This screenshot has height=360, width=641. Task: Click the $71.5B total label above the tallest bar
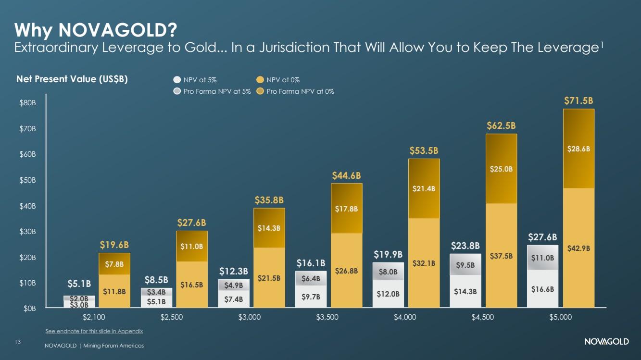578,100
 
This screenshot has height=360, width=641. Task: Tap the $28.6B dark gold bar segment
578,149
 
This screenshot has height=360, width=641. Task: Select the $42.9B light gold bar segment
578,248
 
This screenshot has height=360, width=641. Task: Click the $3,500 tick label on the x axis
327,317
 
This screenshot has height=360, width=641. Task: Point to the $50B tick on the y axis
27,180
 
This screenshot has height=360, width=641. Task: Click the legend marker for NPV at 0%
260,79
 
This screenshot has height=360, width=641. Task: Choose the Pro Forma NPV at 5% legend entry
212,91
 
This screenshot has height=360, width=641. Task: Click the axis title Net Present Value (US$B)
72,79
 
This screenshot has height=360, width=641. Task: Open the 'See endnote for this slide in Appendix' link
94,331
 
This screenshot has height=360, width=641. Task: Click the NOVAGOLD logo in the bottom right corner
606,341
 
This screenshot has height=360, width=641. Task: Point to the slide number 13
18,342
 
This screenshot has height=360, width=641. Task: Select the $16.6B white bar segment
542,289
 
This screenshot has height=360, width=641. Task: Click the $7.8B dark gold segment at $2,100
114,264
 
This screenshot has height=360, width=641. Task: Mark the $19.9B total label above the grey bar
388,254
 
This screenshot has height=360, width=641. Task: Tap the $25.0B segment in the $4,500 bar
501,169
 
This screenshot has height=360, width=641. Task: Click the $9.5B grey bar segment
465,265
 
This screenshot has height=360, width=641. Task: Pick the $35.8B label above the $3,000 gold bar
269,200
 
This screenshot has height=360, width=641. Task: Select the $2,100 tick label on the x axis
94,317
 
